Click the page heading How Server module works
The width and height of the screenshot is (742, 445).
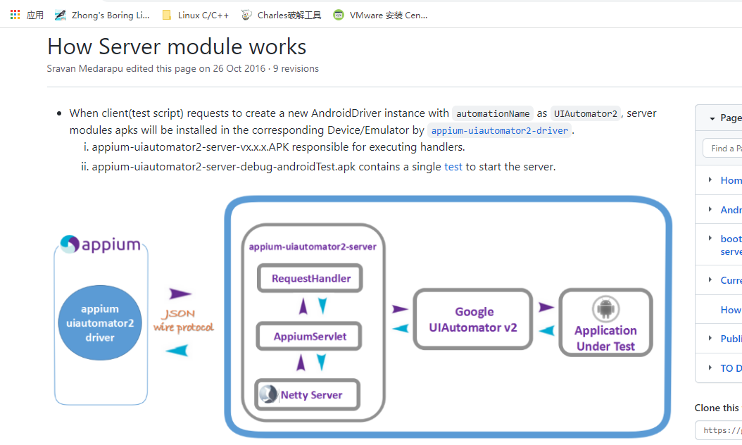pyautogui.click(x=177, y=46)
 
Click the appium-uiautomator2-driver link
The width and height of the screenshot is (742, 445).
pyautogui.click(x=499, y=131)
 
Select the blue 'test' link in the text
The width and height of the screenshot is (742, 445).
pyautogui.click(x=453, y=167)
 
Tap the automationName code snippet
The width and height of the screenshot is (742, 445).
pyautogui.click(x=493, y=114)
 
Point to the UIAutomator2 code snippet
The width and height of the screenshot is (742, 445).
pyautogui.click(x=585, y=114)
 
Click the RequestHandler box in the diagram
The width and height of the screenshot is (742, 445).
pyautogui.click(x=310, y=279)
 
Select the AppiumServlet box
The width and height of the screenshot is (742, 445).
pyautogui.click(x=310, y=337)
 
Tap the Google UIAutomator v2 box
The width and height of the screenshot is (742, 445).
pyautogui.click(x=473, y=319)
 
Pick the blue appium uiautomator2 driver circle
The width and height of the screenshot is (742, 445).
pyautogui.click(x=100, y=323)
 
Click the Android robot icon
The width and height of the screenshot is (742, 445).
pyautogui.click(x=605, y=308)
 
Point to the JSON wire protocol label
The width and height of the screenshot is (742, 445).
pyautogui.click(x=183, y=321)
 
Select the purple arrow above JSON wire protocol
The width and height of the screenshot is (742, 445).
pyautogui.click(x=180, y=294)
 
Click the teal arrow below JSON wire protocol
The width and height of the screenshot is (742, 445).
pyautogui.click(x=177, y=350)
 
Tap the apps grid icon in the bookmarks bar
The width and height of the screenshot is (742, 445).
pyautogui.click(x=15, y=15)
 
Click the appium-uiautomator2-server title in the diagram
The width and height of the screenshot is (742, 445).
pyautogui.click(x=313, y=247)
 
